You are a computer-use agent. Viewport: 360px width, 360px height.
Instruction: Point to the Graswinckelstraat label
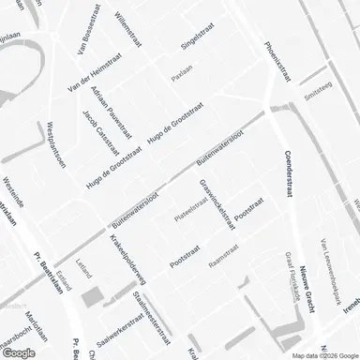[222, 202]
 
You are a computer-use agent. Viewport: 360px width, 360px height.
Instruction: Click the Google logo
[19, 352]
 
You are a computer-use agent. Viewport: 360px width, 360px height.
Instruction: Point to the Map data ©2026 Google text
[318, 355]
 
